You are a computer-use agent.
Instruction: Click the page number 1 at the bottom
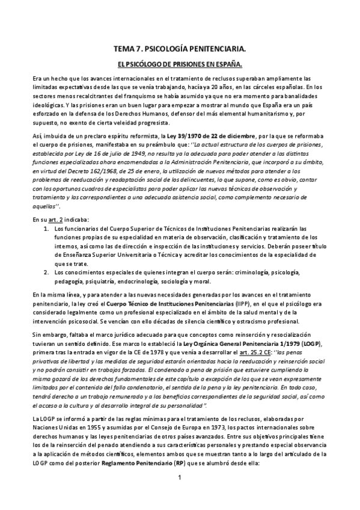pos(180,478)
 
